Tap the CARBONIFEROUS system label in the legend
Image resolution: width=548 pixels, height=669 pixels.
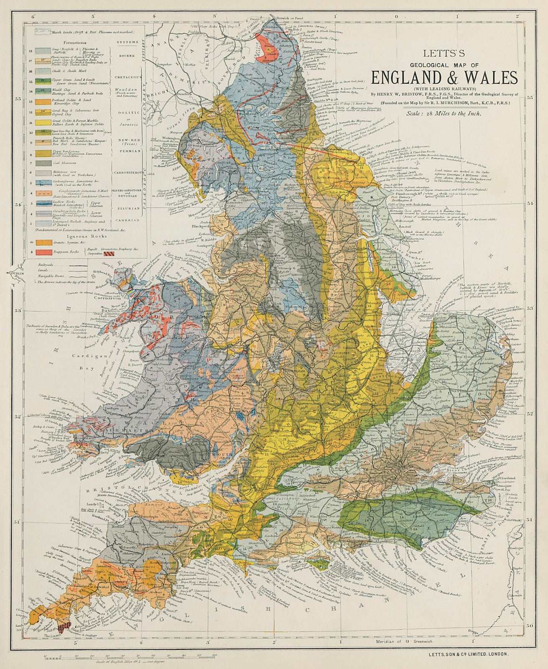[128, 172]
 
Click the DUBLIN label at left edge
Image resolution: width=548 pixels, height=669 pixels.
[16, 273]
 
